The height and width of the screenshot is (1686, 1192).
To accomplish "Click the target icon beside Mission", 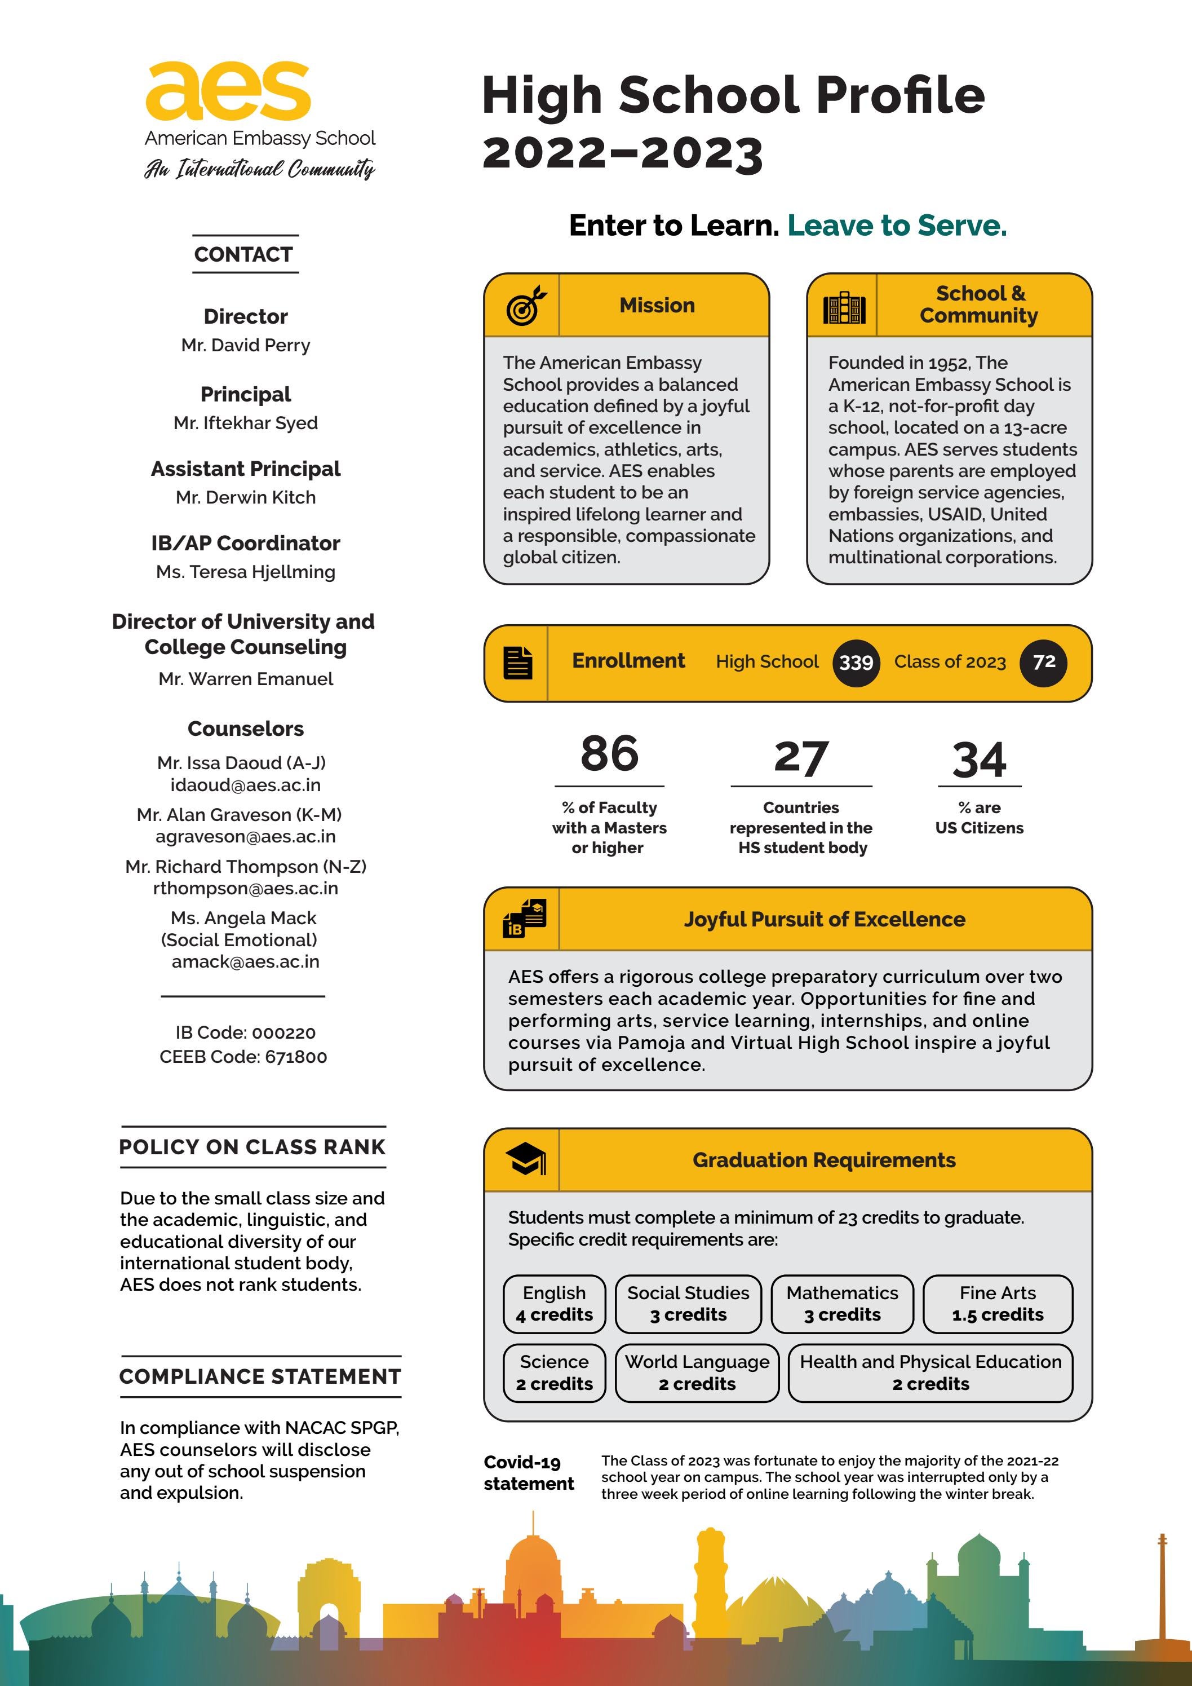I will pos(525,306).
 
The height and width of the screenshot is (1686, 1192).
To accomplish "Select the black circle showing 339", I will pos(856,663).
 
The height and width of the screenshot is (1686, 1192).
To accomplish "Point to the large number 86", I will pos(609,754).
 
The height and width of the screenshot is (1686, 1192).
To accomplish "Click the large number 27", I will pos(801,758).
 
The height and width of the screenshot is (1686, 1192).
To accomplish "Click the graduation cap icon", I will pos(525,1159).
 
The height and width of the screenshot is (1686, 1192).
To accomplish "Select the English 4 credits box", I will pos(554,1304).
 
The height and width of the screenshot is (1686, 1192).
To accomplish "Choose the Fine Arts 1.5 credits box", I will pos(998,1304).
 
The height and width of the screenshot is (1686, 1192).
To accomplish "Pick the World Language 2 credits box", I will pos(697,1372).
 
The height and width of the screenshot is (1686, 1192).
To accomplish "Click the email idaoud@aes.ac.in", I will pos(245,785).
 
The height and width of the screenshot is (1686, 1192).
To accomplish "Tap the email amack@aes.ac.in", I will pos(245,961).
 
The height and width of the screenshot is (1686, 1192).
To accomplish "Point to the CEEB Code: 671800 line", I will pos(243,1057).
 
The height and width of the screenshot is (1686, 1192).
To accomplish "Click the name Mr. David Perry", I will pos(245,345).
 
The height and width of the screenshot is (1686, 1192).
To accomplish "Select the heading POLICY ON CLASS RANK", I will pos(252,1147).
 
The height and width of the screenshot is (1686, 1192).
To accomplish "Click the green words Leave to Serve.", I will pos(897,226).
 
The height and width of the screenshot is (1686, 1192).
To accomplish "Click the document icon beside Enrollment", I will pos(517,663).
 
